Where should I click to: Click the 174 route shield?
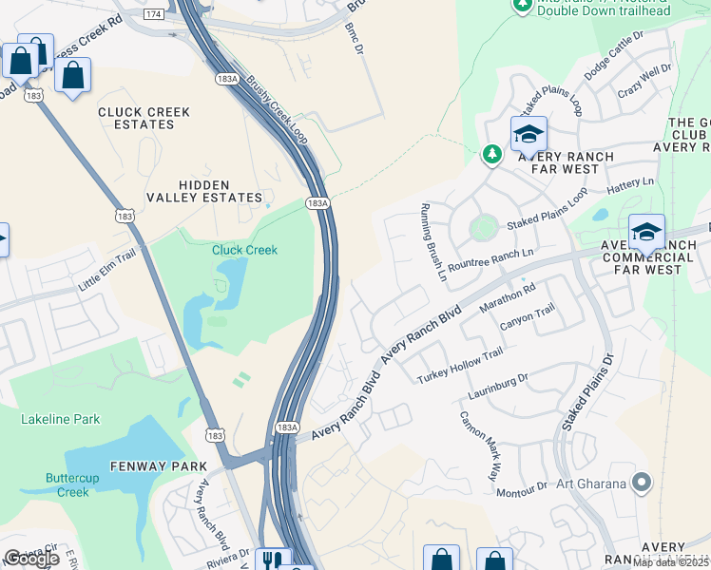coord(153,14)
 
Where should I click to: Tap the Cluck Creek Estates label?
coord(144,119)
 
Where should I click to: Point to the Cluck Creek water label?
coord(244,250)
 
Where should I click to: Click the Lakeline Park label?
coord(61,419)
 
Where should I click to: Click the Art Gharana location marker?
coord(642,483)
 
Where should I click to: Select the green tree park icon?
coord(491,153)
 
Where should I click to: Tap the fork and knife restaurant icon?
coord(275,560)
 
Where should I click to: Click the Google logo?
coord(31,559)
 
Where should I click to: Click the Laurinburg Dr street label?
coord(497,385)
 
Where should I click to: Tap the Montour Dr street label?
coord(522,487)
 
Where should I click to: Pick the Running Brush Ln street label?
coord(433,243)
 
